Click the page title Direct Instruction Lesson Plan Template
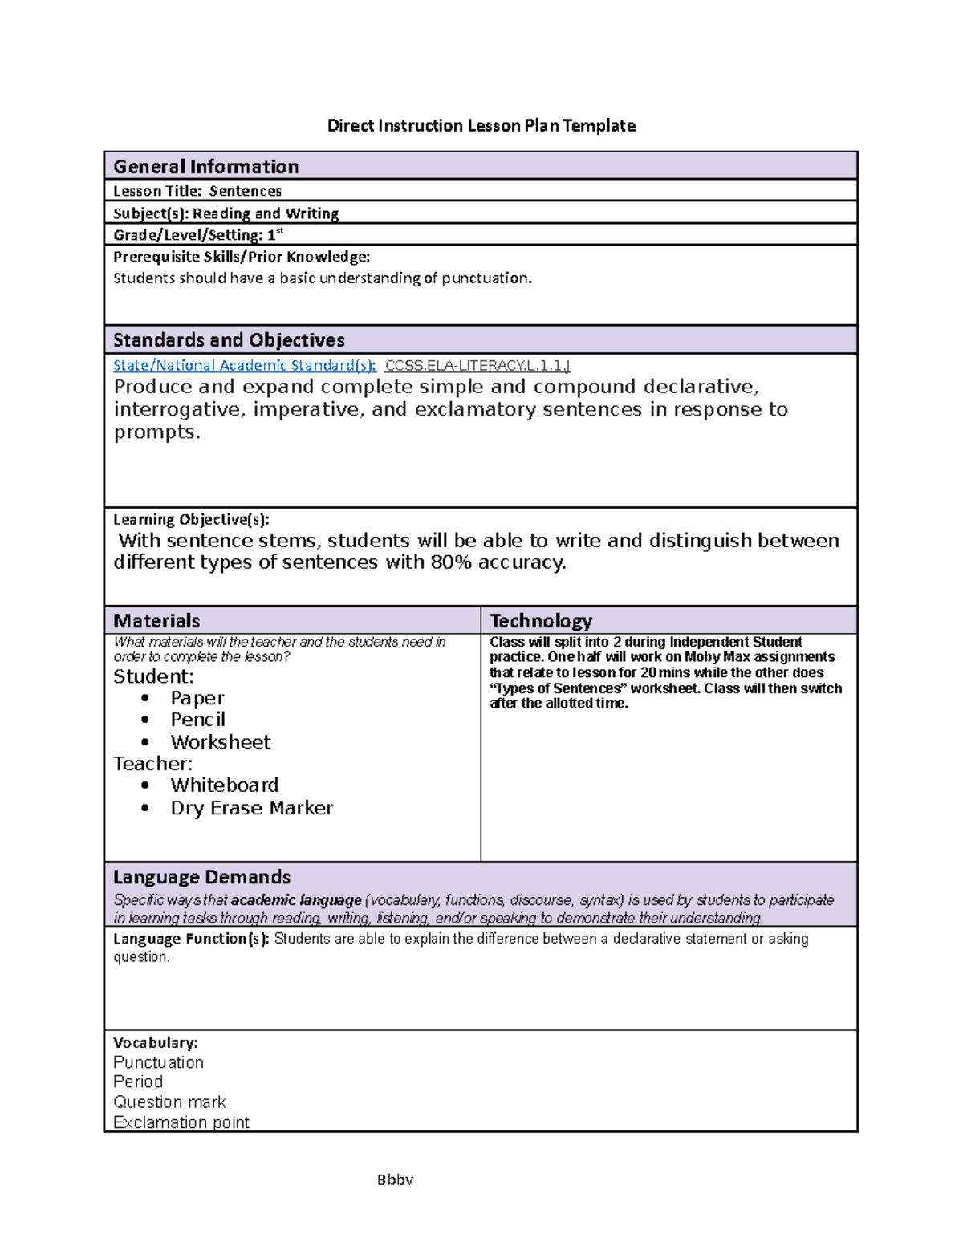pyautogui.click(x=481, y=126)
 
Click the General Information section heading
pyautogui.click(x=206, y=167)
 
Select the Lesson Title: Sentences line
pyautogui.click(x=197, y=191)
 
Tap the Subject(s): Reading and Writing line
pyautogui.click(x=226, y=213)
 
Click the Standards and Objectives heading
pyautogui.click(x=229, y=340)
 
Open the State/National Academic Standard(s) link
pyautogui.click(x=244, y=366)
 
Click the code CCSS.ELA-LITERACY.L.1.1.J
pyautogui.click(x=477, y=366)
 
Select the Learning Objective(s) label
pyautogui.click(x=191, y=519)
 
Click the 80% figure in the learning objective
pyautogui.click(x=451, y=562)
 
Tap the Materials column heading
pyautogui.click(x=156, y=621)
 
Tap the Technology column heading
pyautogui.click(x=541, y=621)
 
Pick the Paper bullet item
pyautogui.click(x=197, y=698)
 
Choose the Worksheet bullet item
pyautogui.click(x=221, y=742)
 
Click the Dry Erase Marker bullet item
pyautogui.click(x=251, y=808)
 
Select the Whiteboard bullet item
pyautogui.click(x=225, y=785)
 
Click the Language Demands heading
pyautogui.click(x=201, y=877)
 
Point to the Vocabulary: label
pyautogui.click(x=155, y=1043)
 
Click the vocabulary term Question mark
pyautogui.click(x=169, y=1102)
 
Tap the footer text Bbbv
pyautogui.click(x=395, y=1179)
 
